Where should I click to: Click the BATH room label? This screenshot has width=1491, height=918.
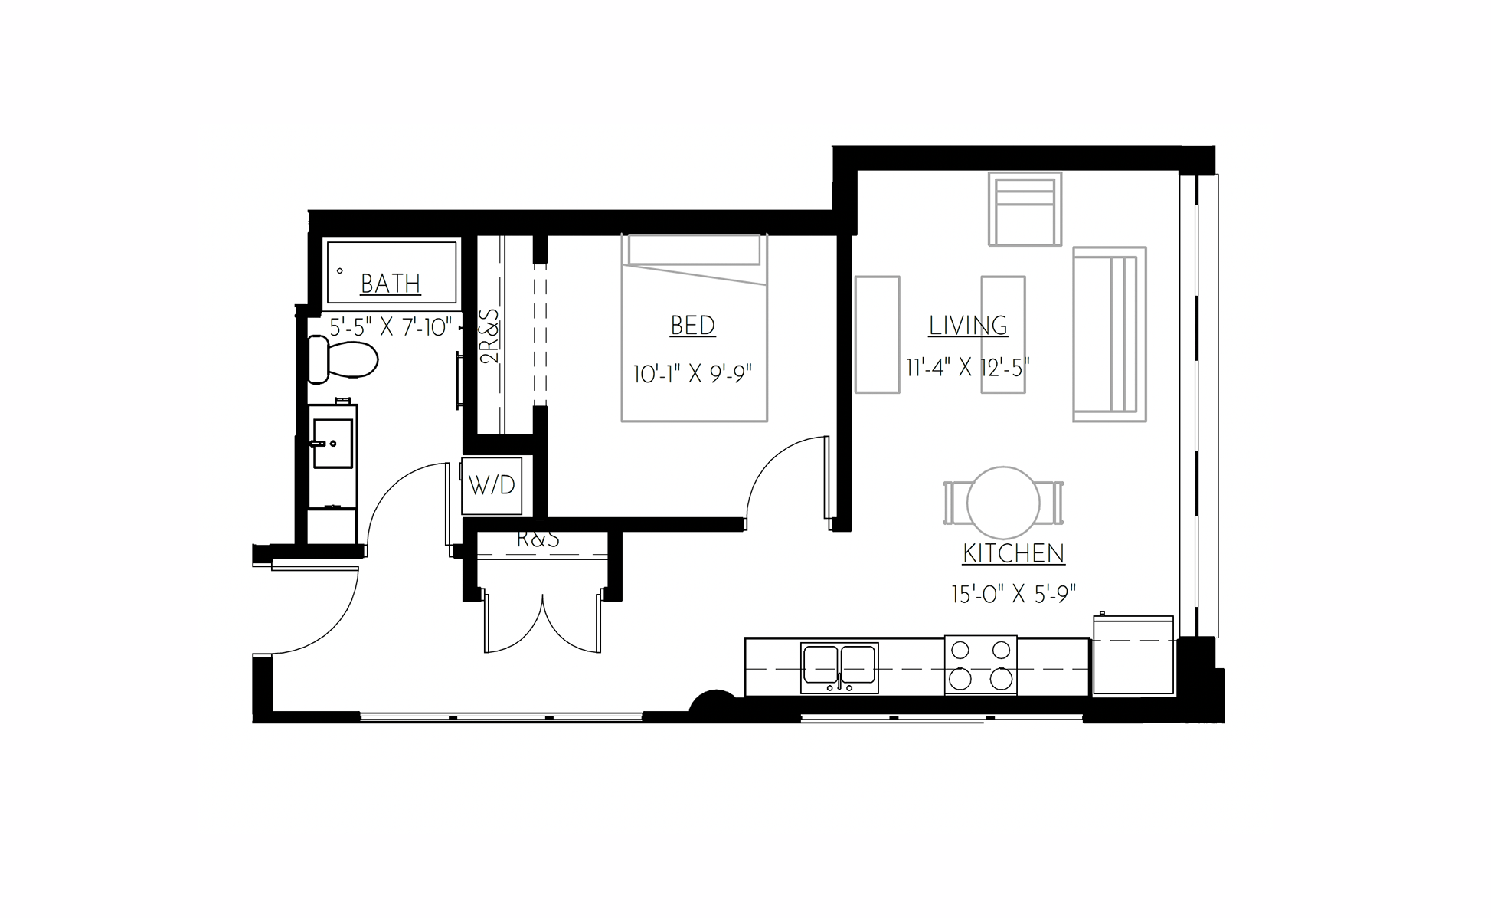point(391,284)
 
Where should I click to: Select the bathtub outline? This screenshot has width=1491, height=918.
point(391,272)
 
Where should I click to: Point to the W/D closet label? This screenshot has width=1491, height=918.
point(492,485)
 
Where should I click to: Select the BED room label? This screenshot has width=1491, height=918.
point(692,325)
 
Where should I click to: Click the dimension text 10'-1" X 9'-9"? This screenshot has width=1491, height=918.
point(692,374)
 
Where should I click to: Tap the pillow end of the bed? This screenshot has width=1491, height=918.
point(694,250)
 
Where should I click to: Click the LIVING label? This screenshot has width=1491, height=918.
point(968,325)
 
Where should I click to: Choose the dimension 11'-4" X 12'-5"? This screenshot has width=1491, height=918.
point(967,368)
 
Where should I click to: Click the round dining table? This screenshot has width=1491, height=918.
point(1002,503)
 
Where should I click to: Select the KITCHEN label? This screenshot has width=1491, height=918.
point(1013,553)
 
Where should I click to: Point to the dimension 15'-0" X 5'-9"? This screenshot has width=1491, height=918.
point(1013,594)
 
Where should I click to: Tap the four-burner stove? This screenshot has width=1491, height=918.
point(980,664)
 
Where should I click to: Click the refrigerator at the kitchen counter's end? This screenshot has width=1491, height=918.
point(1133,657)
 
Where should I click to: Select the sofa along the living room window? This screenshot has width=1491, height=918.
point(1109,334)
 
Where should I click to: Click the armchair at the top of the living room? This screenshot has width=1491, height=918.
point(1025,208)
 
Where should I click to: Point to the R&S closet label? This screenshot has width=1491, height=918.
point(538,539)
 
